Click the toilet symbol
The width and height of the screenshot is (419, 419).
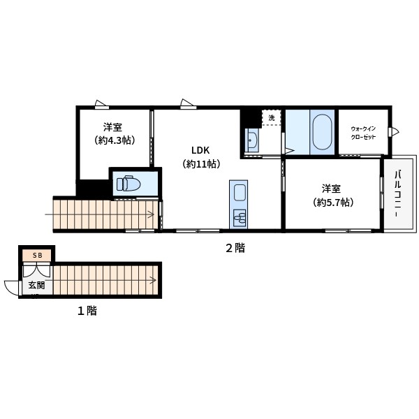(x=128, y=183)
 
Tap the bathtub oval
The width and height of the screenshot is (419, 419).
(x=323, y=132)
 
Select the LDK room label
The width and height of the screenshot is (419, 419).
(x=200, y=150)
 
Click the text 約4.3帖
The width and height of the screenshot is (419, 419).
(x=115, y=140)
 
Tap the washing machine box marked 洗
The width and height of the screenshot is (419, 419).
(x=271, y=117)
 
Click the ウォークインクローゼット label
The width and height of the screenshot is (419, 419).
(x=363, y=133)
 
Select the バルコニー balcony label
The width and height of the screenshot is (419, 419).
(x=397, y=193)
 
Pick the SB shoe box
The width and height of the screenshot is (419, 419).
(x=36, y=256)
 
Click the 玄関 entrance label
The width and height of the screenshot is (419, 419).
(x=36, y=286)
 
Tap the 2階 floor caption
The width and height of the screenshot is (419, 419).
(x=235, y=248)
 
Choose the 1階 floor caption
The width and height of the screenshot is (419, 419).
(x=87, y=311)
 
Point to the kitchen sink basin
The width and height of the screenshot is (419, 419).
(x=240, y=193)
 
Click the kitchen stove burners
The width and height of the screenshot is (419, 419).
(x=240, y=217)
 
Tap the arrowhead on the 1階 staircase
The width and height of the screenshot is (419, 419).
(x=154, y=280)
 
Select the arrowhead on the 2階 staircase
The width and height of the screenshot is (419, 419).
(x=152, y=214)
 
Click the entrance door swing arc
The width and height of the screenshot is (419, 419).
(x=10, y=288)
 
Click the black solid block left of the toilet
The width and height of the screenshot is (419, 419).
(x=93, y=189)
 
